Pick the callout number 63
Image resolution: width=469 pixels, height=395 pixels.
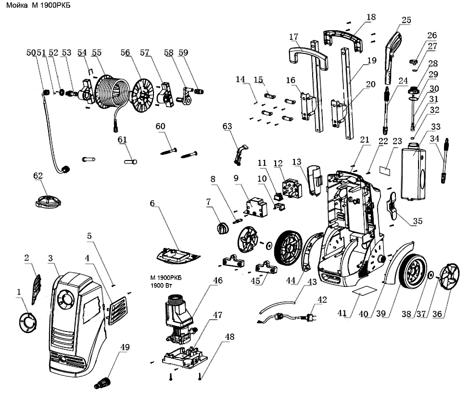pos(227,126)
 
